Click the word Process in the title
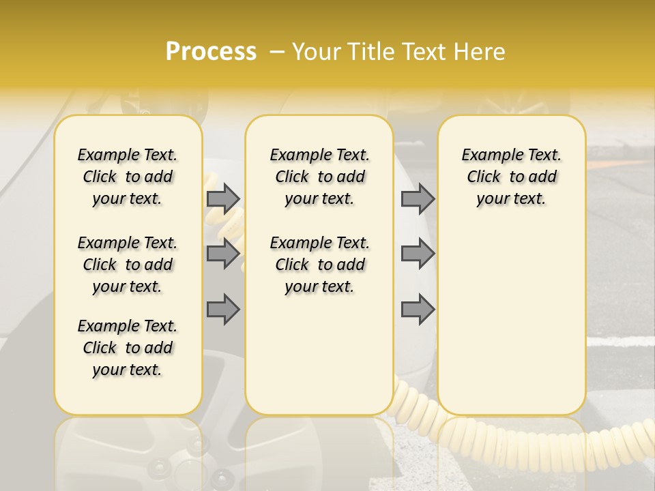[x=211, y=52]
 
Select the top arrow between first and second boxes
[x=223, y=198]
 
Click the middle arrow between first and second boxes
[x=223, y=254]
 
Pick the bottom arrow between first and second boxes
[x=223, y=309]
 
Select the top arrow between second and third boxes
[x=418, y=198]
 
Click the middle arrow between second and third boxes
[x=418, y=254]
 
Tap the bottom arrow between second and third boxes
[x=418, y=309]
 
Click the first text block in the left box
[x=128, y=177]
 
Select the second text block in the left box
[x=128, y=265]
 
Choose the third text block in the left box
[x=128, y=348]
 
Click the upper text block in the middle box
[x=320, y=177]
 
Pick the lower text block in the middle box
[x=320, y=265]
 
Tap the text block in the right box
[x=512, y=177]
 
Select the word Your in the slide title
[x=315, y=52]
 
